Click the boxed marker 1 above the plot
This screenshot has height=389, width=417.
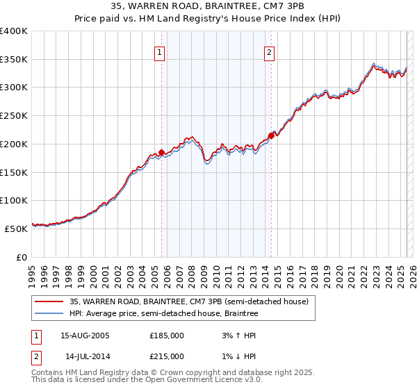[x=160, y=52]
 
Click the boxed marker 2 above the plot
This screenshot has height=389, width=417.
[x=269, y=52]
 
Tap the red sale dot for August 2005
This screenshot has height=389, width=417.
[x=161, y=151]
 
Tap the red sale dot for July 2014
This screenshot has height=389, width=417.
[x=271, y=135]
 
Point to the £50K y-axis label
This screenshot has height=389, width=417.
[x=17, y=228]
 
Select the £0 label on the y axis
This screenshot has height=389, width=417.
[x=22, y=257]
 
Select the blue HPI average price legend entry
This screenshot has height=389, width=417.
[x=163, y=314]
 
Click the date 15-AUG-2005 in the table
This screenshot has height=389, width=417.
[x=85, y=335]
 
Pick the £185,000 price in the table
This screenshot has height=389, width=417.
[x=167, y=335]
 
